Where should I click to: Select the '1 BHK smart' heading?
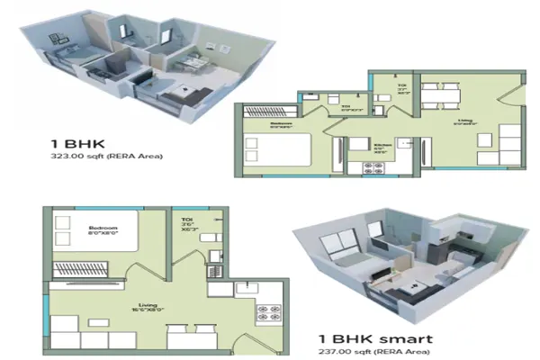[373, 339]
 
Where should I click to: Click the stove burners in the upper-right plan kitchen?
[372, 166]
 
